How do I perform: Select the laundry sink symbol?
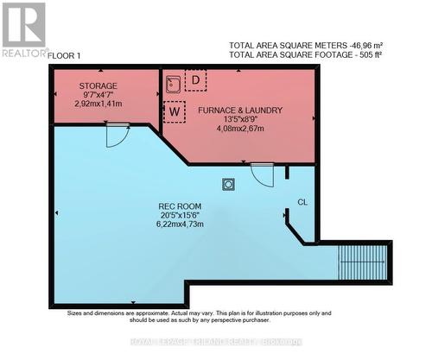click(174, 82)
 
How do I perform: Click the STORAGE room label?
click(98, 86)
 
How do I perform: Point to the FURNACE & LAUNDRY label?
click(237, 111)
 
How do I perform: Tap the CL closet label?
click(302, 201)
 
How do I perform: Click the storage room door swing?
click(118, 135)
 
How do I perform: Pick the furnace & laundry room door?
click(262, 174)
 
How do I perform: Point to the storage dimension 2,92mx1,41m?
click(98, 103)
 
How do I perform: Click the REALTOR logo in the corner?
click(24, 30)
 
